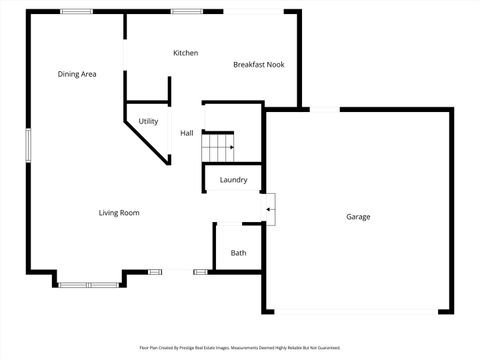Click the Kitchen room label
185,53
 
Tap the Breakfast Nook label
259,64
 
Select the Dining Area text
77,74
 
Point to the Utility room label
148,121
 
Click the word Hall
186,133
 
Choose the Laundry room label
233,180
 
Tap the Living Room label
118,212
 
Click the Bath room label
238,253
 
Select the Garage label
358,217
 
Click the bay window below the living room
88,285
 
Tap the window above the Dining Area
77,11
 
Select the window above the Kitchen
185,11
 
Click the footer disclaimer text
240,348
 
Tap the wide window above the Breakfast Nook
254,11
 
